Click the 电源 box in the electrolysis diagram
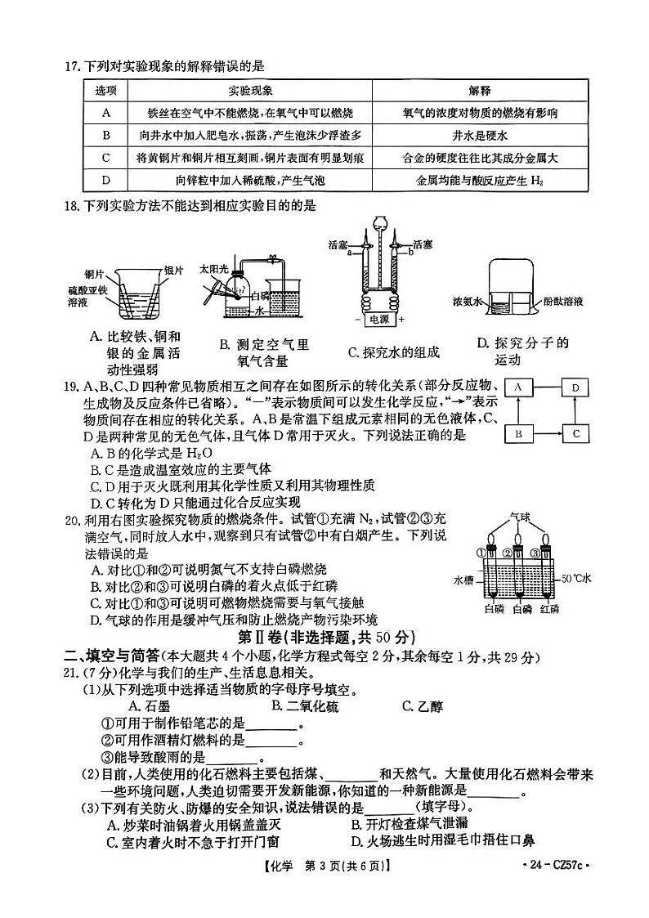[380, 319]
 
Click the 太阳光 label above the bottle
[214, 268]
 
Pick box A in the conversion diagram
[519, 388]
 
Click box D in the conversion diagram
[575, 388]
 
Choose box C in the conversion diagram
[575, 434]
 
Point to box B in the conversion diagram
[519, 434]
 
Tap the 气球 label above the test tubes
[520, 517]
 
